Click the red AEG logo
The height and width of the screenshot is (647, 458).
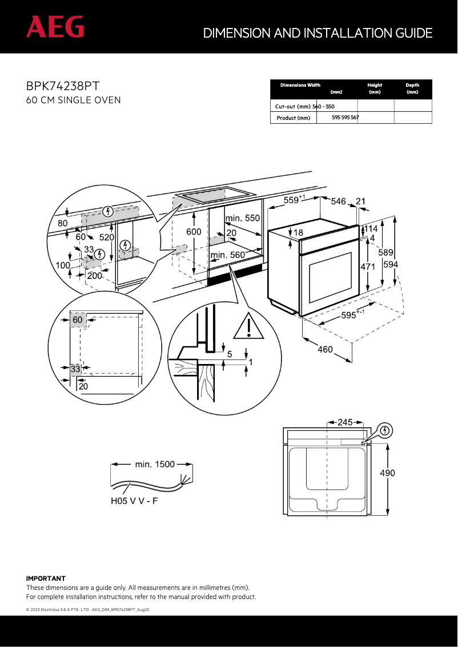tap(55, 27)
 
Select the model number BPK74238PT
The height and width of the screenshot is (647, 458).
tap(63, 86)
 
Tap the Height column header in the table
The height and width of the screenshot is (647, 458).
tap(375, 85)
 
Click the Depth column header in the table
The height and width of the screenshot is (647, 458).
tap(412, 85)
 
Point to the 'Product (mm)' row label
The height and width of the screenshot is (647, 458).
tap(293, 118)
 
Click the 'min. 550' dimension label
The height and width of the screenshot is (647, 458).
tap(242, 218)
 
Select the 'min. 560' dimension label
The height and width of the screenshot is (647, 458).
tap(227, 255)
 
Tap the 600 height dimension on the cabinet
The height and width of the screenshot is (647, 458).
tap(194, 232)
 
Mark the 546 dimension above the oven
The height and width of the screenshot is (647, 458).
tap(338, 201)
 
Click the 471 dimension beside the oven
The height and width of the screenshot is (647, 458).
tap(367, 266)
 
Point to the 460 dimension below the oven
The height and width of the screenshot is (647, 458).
tap(325, 349)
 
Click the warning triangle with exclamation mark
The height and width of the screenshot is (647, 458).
tap(248, 326)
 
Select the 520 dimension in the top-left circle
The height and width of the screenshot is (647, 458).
tap(107, 237)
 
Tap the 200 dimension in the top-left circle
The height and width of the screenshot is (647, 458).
tap(94, 276)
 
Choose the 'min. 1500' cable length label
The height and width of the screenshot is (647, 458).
tap(155, 464)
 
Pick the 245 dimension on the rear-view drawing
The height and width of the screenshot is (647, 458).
tap(345, 423)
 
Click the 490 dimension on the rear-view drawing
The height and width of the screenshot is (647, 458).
tap(387, 473)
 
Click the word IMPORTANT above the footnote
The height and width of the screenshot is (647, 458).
tap(46, 579)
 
